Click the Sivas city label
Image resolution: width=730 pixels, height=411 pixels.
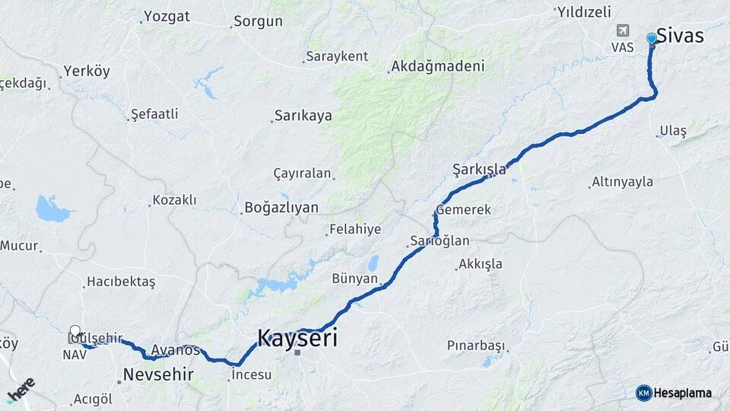click(x=680, y=36)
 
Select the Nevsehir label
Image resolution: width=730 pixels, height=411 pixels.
click(x=158, y=374)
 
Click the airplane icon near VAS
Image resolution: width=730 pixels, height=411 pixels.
click(x=623, y=30)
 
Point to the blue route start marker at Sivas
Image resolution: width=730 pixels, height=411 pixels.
click(x=652, y=38)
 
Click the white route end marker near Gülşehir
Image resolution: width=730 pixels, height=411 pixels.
click(x=75, y=331)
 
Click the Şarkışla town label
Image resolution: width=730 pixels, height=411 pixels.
click(x=479, y=169)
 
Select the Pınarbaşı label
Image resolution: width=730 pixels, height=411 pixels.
click(x=476, y=346)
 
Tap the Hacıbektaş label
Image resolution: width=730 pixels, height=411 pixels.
click(x=121, y=282)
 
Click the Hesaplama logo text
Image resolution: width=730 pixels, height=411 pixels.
click(x=682, y=393)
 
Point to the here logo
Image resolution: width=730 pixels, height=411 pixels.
click(x=21, y=390)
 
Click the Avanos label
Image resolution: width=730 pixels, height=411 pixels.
click(x=175, y=350)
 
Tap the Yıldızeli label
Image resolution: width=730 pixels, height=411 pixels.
click(x=584, y=11)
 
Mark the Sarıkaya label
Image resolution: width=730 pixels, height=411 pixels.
click(x=303, y=116)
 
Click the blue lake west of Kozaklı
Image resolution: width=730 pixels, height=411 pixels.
click(x=52, y=208)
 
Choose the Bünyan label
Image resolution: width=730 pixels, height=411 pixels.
click(x=354, y=279)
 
